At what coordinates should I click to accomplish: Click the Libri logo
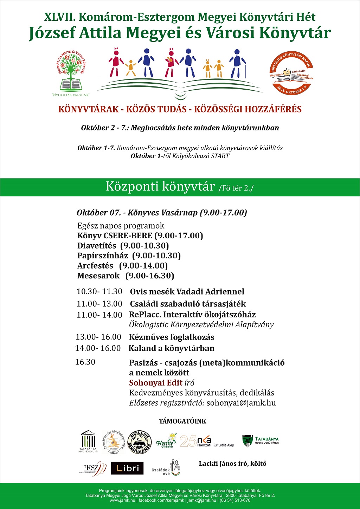pyautogui.click(x=127, y=468)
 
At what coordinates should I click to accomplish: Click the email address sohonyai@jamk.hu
pyautogui.click(x=241, y=403)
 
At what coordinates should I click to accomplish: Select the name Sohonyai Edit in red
pyautogui.click(x=156, y=383)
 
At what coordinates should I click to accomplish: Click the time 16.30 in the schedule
pyautogui.click(x=85, y=362)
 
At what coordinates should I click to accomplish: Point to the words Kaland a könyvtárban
pyautogui.click(x=172, y=348)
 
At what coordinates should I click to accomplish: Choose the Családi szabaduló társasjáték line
pyautogui.click(x=188, y=304)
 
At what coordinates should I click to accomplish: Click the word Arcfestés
pyautogui.click(x=95, y=266)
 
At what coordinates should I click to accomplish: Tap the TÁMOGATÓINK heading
pyautogui.click(x=182, y=421)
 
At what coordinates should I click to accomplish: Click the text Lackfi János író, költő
pyautogui.click(x=233, y=463)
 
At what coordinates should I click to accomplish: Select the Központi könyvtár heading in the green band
pyautogui.click(x=160, y=187)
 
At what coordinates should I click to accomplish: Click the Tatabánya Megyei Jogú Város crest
pyautogui.click(x=248, y=440)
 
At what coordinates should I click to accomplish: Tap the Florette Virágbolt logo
pyautogui.click(x=167, y=440)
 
